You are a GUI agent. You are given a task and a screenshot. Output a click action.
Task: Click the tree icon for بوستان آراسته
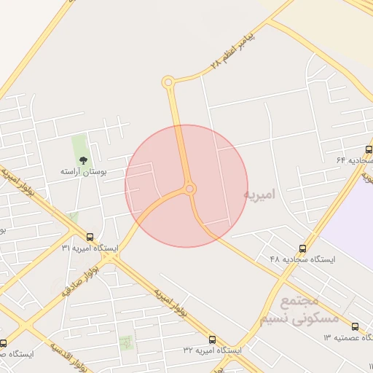82,160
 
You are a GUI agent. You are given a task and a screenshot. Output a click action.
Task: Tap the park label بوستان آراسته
84,171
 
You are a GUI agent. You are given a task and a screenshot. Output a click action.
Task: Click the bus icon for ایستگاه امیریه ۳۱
90,237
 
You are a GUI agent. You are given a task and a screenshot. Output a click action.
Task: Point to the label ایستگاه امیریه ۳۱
90,248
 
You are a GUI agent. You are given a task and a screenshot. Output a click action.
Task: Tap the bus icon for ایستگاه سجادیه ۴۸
303,248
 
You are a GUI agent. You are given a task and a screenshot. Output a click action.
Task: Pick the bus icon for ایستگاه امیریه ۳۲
213,339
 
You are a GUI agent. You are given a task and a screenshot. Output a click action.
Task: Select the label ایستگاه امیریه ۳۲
212,350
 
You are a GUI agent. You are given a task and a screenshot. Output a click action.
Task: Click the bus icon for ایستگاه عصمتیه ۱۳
355,326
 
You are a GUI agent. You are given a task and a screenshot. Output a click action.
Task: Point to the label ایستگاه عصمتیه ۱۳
348,338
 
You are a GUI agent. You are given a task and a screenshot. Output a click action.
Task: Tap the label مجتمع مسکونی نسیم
309,310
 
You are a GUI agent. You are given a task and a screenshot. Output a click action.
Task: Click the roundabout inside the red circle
190,189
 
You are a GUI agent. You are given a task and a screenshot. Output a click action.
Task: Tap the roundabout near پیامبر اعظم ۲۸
169,82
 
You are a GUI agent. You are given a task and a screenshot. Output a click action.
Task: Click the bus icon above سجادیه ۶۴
369,148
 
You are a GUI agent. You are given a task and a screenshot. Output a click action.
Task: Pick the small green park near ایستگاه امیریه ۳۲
127,341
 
